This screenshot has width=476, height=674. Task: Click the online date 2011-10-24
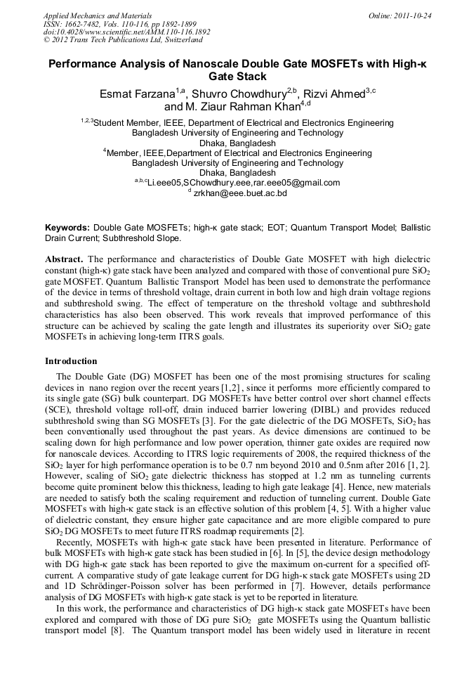414,15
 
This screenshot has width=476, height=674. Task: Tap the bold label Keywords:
67,228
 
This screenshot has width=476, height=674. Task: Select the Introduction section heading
71,361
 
